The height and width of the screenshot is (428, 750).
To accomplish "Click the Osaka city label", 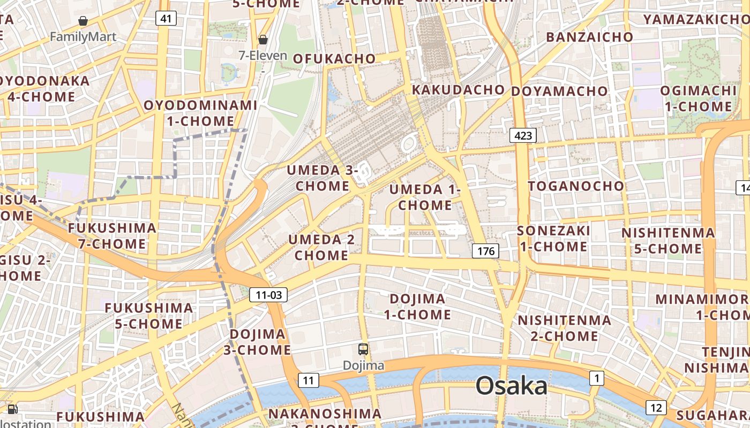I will click(x=512, y=386).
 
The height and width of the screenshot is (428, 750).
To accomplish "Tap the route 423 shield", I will click(x=523, y=135).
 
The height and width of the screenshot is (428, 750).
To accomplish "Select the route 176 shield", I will click(x=486, y=251).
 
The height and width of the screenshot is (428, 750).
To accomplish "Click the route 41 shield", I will click(x=166, y=19).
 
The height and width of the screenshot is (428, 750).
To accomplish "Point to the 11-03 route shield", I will click(x=269, y=294).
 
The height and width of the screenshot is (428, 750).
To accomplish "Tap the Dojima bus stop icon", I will click(x=363, y=349).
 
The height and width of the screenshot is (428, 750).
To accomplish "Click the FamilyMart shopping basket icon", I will click(x=83, y=21).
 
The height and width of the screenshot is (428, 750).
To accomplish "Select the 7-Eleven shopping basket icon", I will click(x=263, y=40).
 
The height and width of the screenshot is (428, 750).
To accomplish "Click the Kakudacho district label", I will click(x=458, y=89).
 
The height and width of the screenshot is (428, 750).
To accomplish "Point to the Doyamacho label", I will click(x=559, y=91).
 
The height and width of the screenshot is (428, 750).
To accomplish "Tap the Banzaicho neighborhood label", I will click(x=589, y=37).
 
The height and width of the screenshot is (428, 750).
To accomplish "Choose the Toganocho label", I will click(x=576, y=186).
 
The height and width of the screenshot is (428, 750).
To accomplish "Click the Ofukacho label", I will click(x=334, y=58).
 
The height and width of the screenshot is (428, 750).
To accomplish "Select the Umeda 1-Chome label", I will click(x=425, y=197).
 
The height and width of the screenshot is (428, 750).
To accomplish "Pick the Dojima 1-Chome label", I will click(x=417, y=307).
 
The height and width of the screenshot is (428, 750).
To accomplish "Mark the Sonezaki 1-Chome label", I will click(x=553, y=239).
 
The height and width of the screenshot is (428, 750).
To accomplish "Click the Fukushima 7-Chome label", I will click(x=112, y=236).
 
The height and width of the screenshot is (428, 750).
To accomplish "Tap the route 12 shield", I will click(x=656, y=408).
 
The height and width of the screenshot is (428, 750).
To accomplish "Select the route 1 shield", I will click(x=597, y=378).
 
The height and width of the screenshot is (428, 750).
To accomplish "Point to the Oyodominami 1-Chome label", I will click(x=200, y=113).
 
